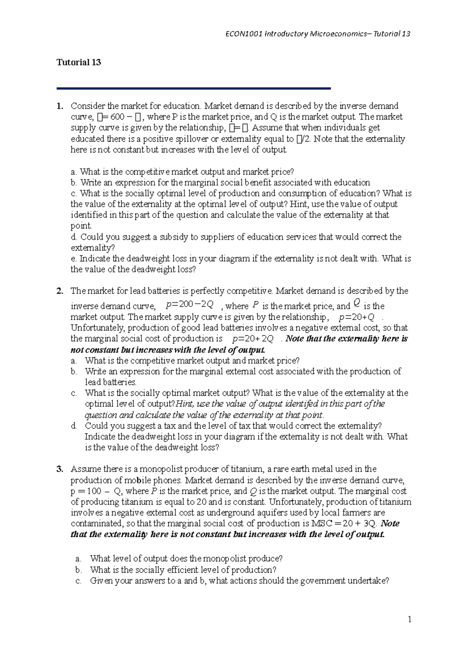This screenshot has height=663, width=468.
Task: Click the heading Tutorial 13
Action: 79,62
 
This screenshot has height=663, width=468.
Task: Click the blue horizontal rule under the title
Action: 193,89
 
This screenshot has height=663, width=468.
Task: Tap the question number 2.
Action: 59,291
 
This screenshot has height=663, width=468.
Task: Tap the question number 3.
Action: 59,469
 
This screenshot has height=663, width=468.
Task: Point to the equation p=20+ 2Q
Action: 253,339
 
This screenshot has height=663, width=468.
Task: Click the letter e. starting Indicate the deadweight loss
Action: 74,258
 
